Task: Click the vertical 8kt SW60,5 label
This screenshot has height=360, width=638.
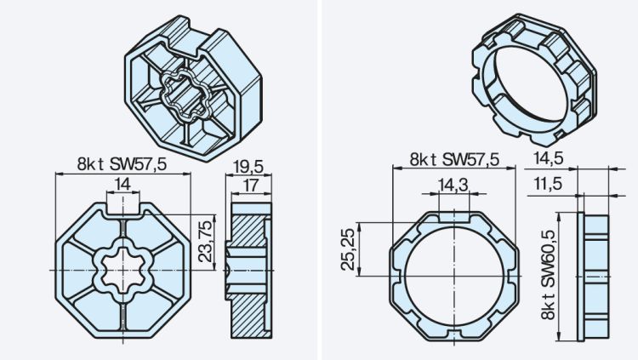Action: tap(549, 274)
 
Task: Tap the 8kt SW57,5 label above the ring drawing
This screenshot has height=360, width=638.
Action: tap(453, 159)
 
